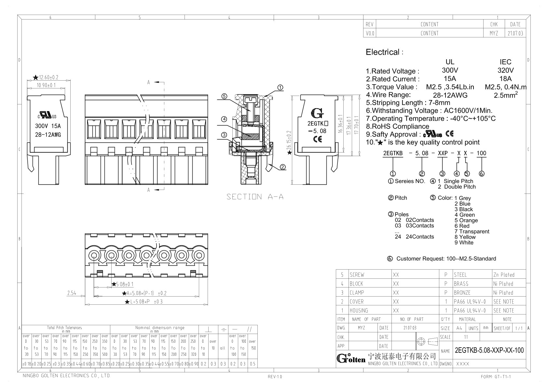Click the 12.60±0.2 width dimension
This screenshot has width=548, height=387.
point(48,77)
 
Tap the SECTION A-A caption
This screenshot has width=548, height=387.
point(255,196)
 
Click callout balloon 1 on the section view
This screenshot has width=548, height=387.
point(280,87)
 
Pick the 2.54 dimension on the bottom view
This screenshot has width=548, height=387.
point(72,293)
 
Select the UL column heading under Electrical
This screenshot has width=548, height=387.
point(450,62)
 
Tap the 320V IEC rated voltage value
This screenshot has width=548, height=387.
point(505,70)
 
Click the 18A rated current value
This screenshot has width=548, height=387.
point(505,79)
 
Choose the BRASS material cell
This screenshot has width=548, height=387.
point(461,284)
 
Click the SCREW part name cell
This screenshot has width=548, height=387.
point(357,275)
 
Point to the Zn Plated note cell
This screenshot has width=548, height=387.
point(503,275)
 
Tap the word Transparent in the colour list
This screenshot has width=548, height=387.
point(474,232)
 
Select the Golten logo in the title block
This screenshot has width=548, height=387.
point(351,359)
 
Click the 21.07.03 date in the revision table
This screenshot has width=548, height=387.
point(515,33)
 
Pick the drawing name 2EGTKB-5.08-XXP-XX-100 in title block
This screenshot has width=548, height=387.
point(489,350)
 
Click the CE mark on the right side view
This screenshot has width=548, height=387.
point(317,139)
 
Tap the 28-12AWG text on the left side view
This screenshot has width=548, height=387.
point(48,135)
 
